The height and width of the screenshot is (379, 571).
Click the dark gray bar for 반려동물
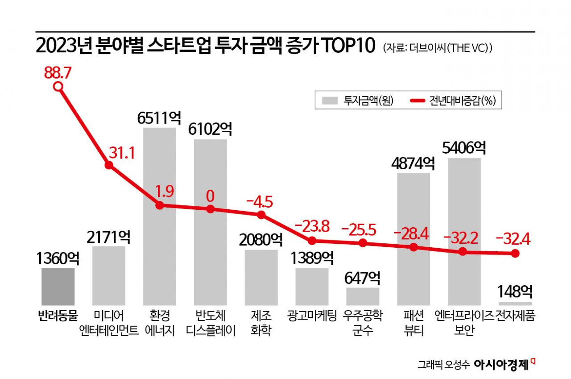pyautogui.click(x=58, y=287)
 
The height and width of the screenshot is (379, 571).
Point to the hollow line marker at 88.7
pyautogui.click(x=58, y=87)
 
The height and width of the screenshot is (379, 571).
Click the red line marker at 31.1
pyautogui.click(x=108, y=165)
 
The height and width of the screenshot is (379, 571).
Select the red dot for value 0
pyautogui.click(x=210, y=209)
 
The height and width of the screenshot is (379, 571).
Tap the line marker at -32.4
pyautogui.click(x=515, y=253)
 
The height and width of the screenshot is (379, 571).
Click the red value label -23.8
pyautogui.click(x=312, y=226)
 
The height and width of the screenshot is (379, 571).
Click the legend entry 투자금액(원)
pyautogui.click(x=355, y=100)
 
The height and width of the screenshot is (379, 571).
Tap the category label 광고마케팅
pyautogui.click(x=312, y=316)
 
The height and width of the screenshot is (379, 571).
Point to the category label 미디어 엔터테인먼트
pyautogui.click(x=108, y=324)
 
